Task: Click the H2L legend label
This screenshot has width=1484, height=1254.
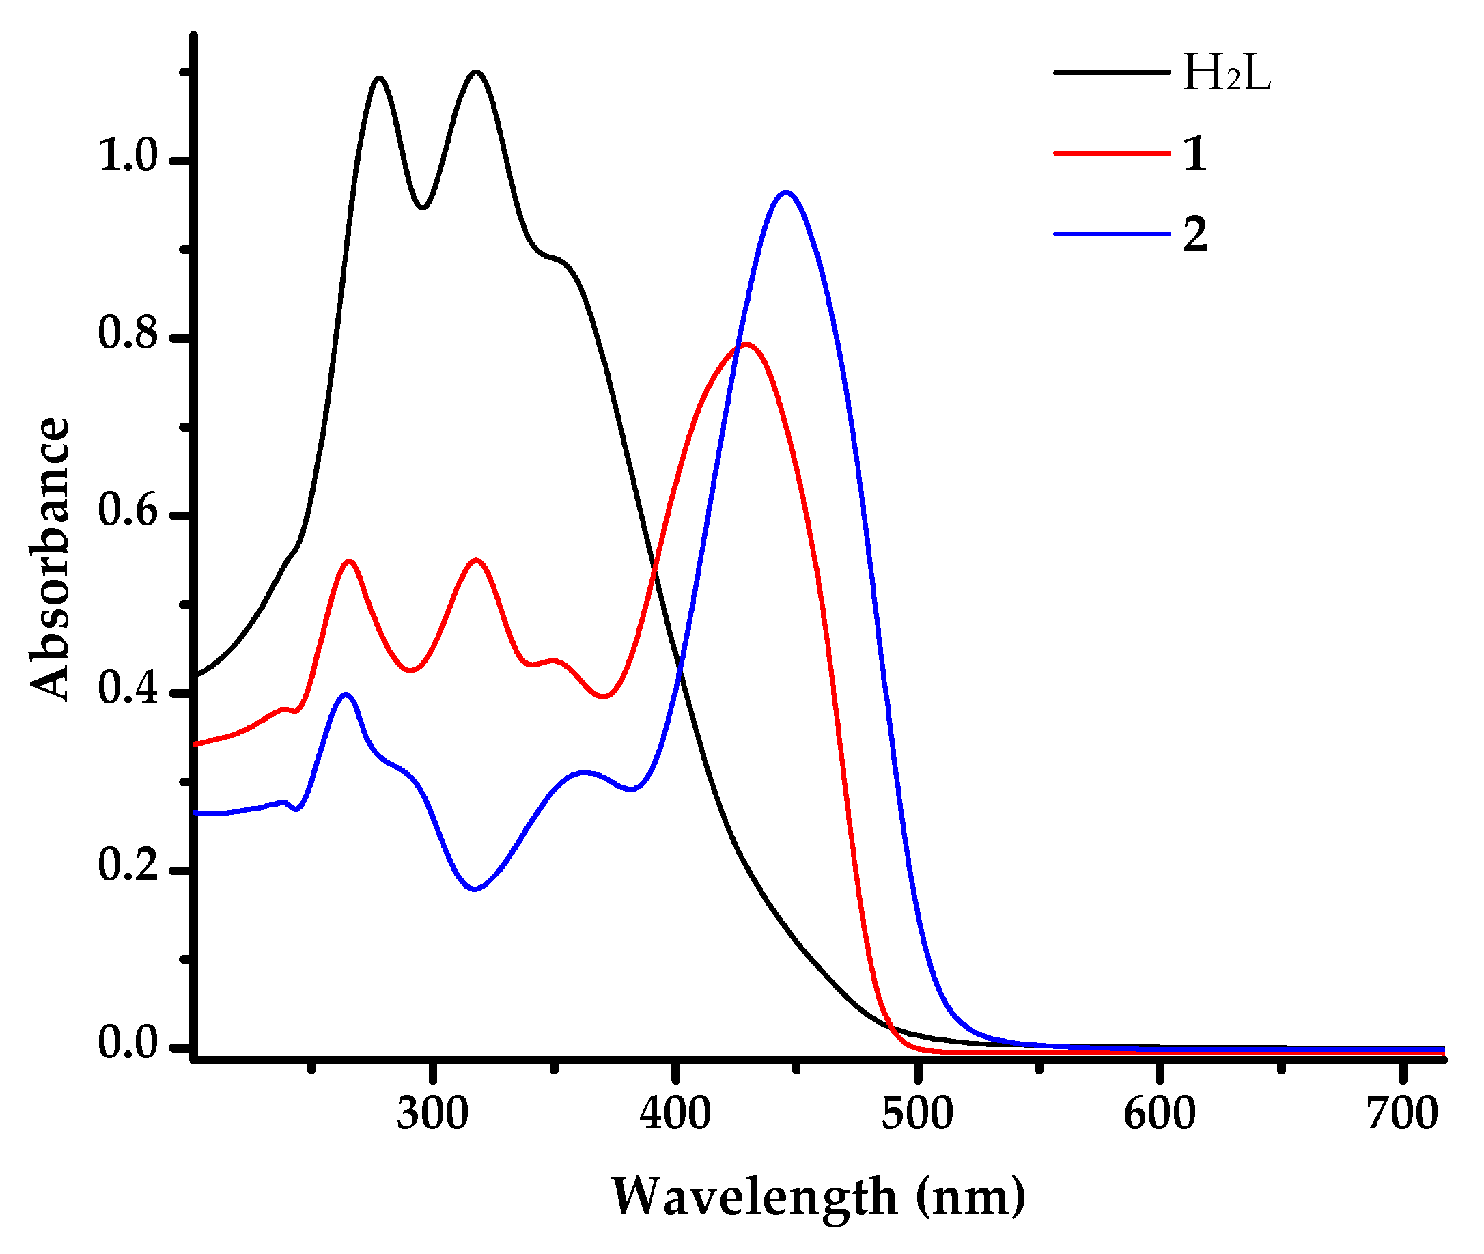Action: [1225, 73]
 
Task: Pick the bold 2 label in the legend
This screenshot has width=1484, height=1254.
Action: [1194, 234]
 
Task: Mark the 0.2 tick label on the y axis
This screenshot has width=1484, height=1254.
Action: [127, 865]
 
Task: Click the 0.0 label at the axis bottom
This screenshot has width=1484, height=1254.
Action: [127, 1043]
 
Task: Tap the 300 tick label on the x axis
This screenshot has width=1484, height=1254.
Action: [432, 1114]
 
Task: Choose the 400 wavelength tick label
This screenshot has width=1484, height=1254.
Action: [675, 1114]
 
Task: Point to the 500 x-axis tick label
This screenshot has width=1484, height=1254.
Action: [917, 1114]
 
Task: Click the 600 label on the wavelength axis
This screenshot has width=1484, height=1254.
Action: [1159, 1114]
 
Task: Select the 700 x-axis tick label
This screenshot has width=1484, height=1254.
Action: [1401, 1114]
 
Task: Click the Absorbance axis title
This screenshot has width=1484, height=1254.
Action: [50, 558]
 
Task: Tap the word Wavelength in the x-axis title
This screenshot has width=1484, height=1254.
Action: [754, 1197]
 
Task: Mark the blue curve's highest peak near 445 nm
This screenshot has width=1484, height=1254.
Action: [785, 192]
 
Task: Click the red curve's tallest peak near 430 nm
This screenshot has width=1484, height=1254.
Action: [746, 345]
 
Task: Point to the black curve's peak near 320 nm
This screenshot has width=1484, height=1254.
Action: [475, 72]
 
